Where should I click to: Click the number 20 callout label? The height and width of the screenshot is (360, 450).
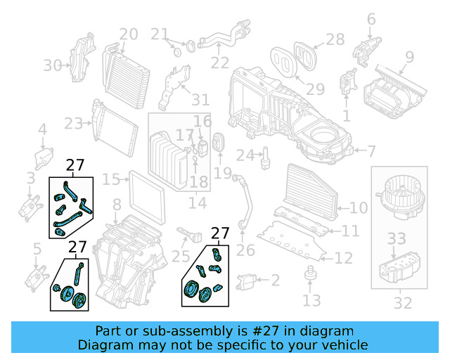(128, 34)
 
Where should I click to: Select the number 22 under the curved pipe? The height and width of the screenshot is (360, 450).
(219, 63)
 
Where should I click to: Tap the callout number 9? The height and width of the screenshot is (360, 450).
(409, 56)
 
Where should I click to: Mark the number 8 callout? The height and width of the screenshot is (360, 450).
(117, 205)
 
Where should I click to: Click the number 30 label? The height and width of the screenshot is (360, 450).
(53, 65)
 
